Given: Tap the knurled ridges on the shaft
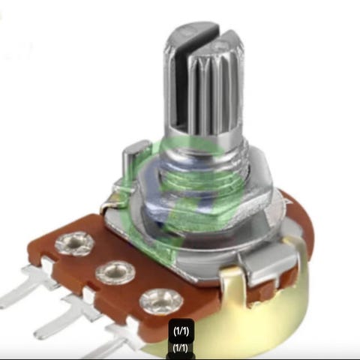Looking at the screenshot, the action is click(215, 92).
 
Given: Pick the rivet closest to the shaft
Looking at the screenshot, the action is click(74, 244).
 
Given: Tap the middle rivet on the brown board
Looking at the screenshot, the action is click(115, 272).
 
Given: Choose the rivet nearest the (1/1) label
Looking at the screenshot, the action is click(160, 301).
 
